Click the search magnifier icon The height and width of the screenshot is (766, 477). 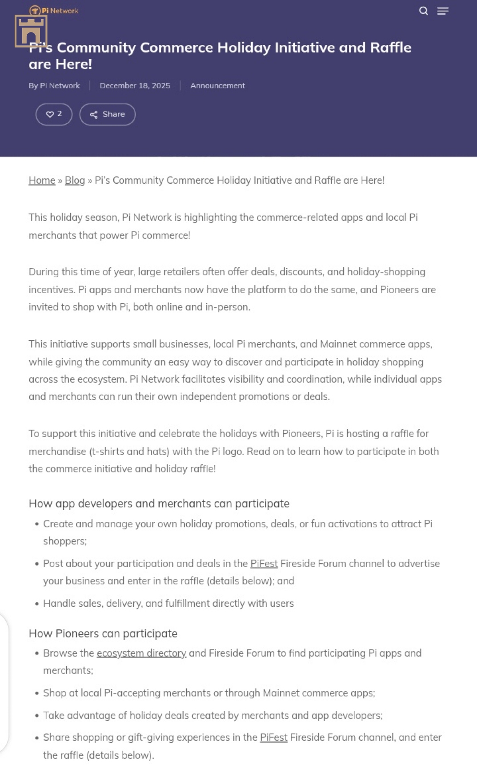tap(423, 11)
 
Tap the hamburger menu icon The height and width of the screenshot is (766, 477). tap(443, 11)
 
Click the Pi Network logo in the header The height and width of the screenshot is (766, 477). tap(54, 11)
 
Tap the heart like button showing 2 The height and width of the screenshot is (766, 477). tap(54, 114)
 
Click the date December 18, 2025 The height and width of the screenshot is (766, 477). tap(135, 85)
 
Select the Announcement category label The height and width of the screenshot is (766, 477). tap(217, 85)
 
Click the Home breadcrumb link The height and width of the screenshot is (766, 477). tap(42, 180)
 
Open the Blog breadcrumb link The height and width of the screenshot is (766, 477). tap(75, 180)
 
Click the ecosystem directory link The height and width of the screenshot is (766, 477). tap(141, 653)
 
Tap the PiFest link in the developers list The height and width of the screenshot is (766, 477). tap(264, 564)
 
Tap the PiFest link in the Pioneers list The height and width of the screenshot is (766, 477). tap(273, 738)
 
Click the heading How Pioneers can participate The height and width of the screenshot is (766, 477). tap(103, 633)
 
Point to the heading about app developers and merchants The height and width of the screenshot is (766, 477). tap(159, 504)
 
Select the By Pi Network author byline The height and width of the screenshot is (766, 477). tap(54, 85)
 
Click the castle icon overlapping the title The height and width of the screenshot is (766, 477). tap(31, 31)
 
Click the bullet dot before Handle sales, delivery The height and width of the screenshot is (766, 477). tap(37, 604)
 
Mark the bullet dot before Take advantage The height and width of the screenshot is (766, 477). tap(37, 716)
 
